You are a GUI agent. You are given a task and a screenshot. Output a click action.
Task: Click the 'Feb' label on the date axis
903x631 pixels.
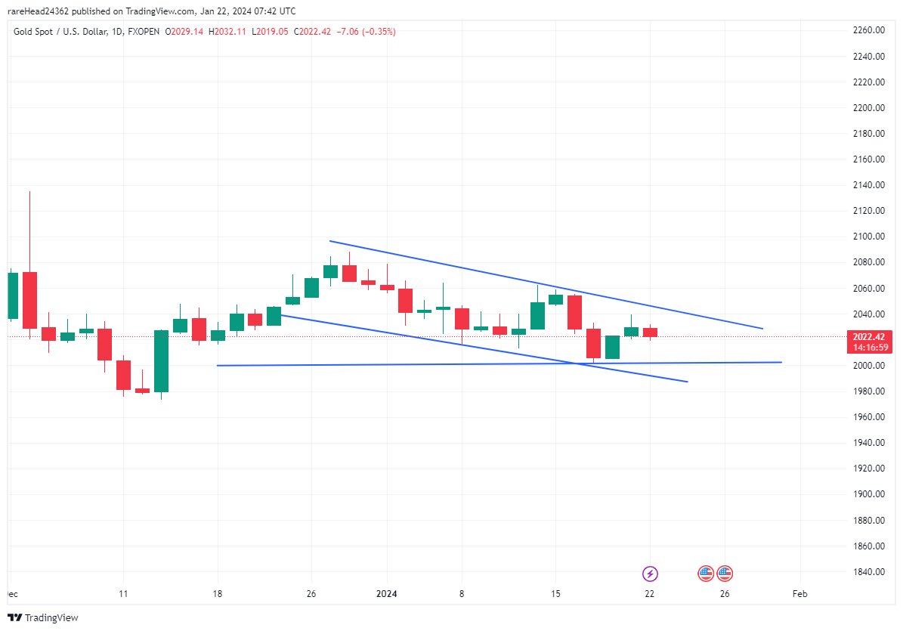click(x=799, y=594)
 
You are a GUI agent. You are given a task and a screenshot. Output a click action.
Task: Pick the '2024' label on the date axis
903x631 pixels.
click(x=387, y=594)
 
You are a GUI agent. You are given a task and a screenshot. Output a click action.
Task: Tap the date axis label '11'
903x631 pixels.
click(x=124, y=594)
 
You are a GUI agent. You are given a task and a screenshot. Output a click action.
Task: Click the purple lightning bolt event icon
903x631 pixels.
click(x=650, y=574)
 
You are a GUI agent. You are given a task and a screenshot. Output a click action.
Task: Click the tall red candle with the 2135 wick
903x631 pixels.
click(x=29, y=300)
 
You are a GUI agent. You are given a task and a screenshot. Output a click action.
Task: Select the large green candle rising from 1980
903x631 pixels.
click(x=161, y=360)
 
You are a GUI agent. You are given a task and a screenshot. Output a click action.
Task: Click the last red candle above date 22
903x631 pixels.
click(x=650, y=332)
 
